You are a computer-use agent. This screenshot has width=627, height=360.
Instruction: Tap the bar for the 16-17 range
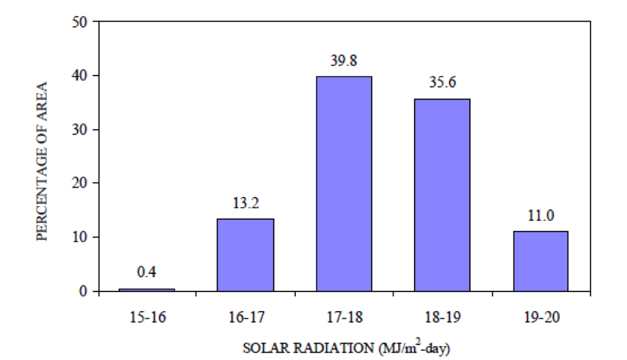(245, 254)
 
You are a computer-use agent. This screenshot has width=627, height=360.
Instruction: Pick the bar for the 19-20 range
(540, 260)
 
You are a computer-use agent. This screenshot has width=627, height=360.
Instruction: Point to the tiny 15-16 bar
(147, 290)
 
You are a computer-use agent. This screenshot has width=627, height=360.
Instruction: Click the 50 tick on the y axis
(81, 22)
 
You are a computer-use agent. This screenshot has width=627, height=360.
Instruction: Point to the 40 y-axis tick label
(81, 76)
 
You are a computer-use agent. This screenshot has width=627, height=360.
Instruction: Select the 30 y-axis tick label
(81, 130)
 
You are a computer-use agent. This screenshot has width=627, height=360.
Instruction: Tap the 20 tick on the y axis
(81, 183)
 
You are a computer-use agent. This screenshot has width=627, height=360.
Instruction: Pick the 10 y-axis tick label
(81, 237)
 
